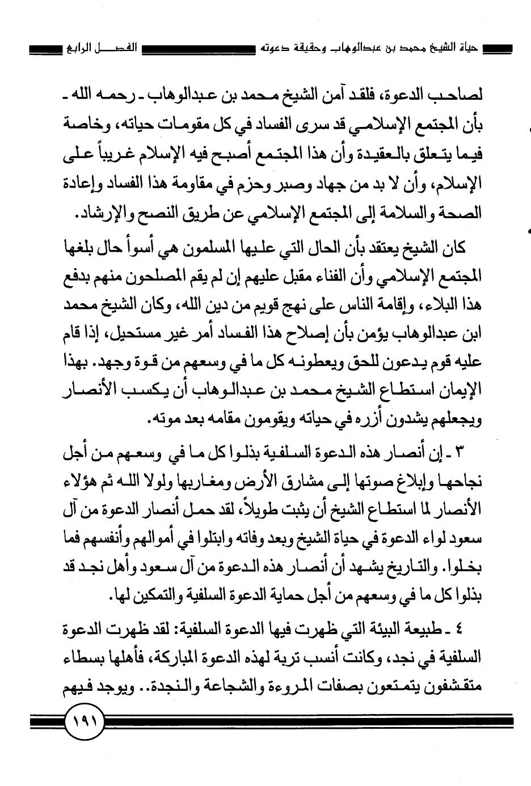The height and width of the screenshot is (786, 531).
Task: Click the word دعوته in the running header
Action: (255, 46)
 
